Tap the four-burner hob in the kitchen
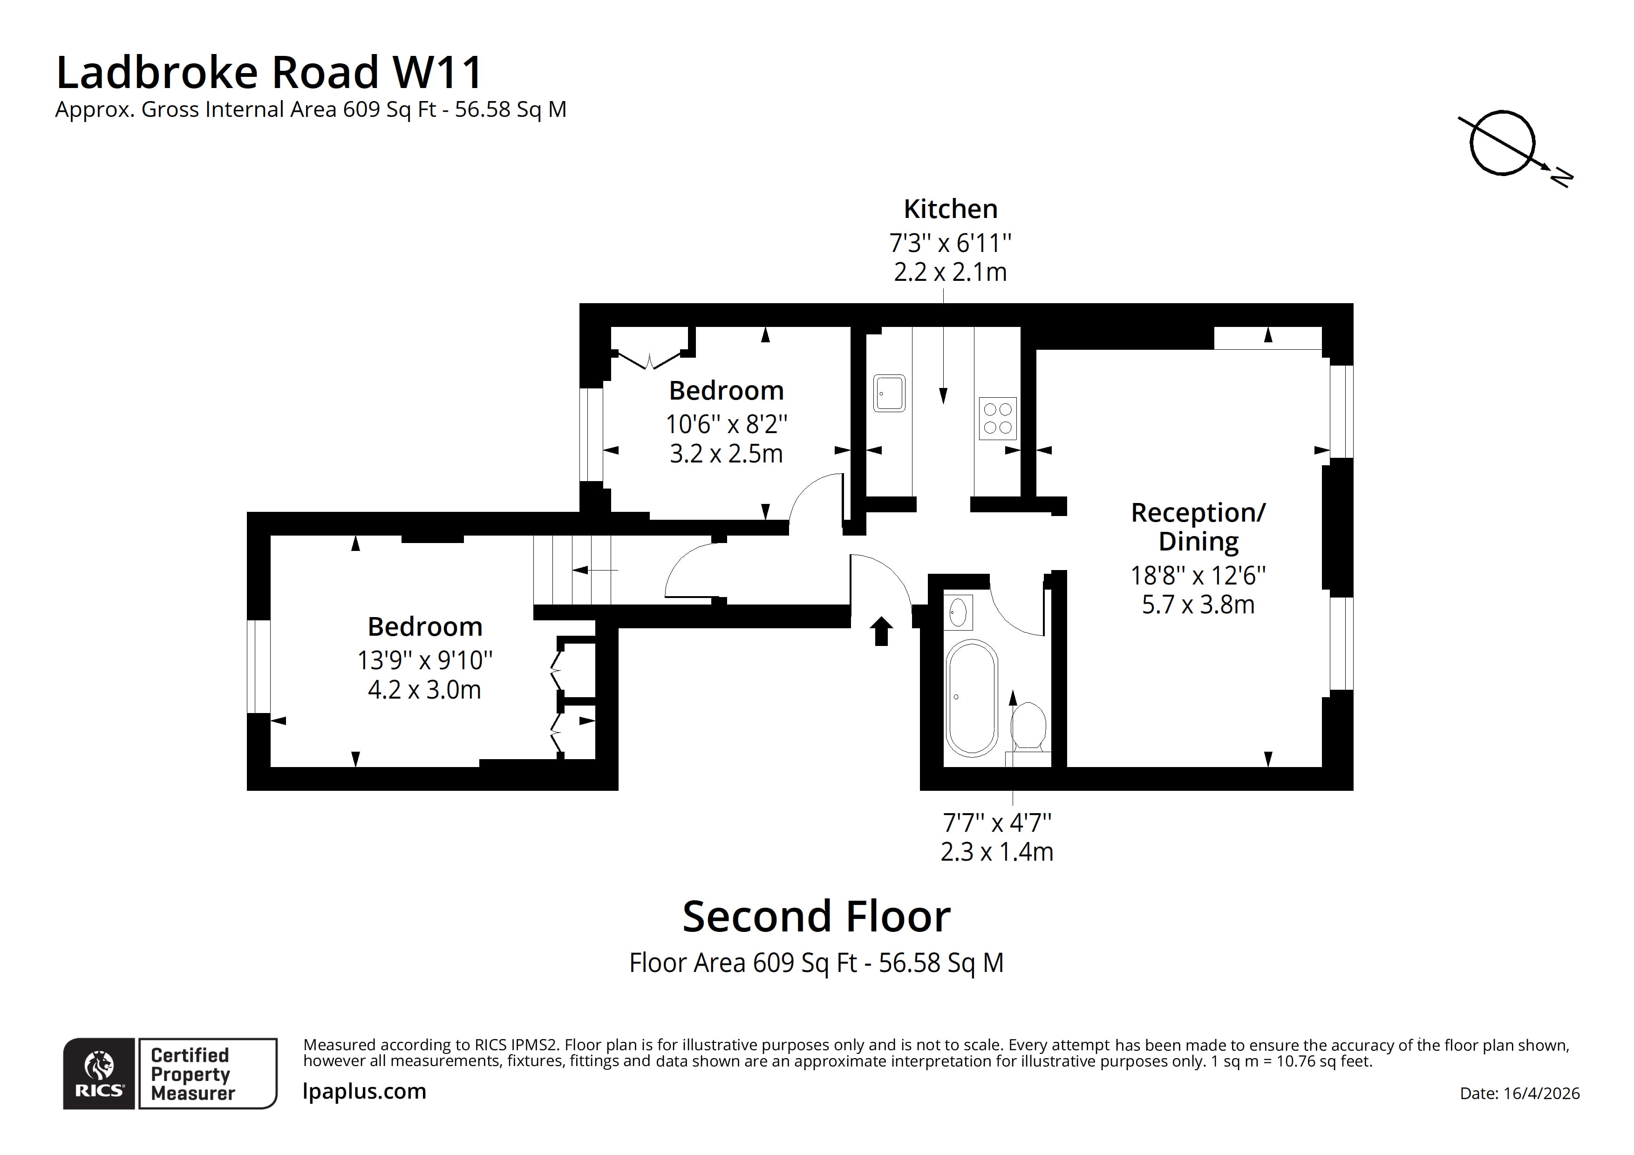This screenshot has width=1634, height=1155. (997, 418)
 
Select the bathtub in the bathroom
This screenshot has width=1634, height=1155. (972, 698)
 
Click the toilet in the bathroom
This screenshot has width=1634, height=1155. (1028, 726)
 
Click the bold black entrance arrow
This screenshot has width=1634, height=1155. (882, 631)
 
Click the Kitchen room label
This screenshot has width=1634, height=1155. (950, 209)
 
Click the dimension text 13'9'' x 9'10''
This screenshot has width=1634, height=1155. (425, 660)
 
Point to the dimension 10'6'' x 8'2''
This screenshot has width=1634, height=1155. (726, 424)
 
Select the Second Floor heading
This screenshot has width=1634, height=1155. (816, 917)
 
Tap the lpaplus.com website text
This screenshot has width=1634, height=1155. (364, 1091)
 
